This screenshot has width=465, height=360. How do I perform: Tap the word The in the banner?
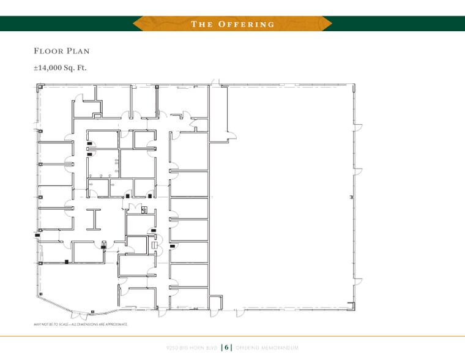pyautogui.click(x=201, y=24)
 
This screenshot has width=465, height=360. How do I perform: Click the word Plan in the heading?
pyautogui.click(x=78, y=51)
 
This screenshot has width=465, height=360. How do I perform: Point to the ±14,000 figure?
pyautogui.click(x=51, y=67)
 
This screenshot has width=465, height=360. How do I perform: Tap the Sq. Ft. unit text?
pyautogui.click(x=78, y=67)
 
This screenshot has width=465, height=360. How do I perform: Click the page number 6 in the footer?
pyautogui.click(x=226, y=347)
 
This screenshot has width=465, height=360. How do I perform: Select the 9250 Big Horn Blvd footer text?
pyautogui.click(x=192, y=347)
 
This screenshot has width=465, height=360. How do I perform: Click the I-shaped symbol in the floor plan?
pyautogui.click(x=94, y=219)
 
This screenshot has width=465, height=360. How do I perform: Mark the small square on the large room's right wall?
pyautogui.click(x=351, y=197)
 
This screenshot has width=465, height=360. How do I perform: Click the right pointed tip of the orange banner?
pyautogui.click(x=331, y=24)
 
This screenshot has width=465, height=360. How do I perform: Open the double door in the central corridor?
pyautogui.click(x=134, y=206)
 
